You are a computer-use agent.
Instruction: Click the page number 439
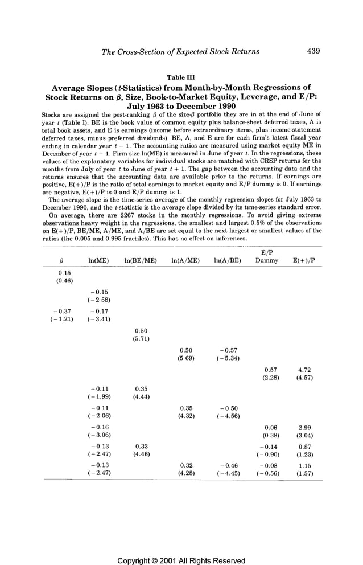click(313, 51)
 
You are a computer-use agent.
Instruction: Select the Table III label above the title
click(181, 77)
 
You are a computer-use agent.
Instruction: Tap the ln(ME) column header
click(98, 261)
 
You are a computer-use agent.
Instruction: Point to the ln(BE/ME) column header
click(140, 261)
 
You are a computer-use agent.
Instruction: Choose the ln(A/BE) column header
click(227, 261)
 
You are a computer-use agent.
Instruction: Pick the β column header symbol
click(61, 261)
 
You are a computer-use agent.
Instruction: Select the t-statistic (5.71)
click(140, 339)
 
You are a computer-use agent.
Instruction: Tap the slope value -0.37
click(61, 311)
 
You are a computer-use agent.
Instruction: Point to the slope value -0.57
click(227, 350)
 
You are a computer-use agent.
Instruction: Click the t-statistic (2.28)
click(267, 378)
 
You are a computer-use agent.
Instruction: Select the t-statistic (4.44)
click(140, 397)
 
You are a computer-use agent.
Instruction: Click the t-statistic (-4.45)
click(227, 473)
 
